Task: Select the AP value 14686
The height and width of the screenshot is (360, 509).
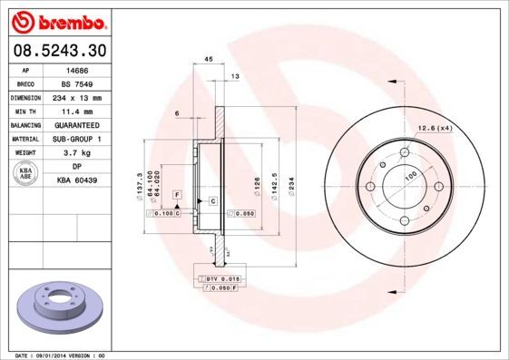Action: tap(77, 69)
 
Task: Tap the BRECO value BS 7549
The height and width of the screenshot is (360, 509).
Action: tap(77, 83)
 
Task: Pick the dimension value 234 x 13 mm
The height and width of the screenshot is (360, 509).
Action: tap(77, 97)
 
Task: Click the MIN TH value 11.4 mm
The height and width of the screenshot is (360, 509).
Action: tap(77, 111)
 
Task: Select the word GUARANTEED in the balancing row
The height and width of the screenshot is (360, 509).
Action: tap(77, 124)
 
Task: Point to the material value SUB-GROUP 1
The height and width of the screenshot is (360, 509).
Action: tap(77, 139)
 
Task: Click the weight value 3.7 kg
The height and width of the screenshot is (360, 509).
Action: tap(77, 153)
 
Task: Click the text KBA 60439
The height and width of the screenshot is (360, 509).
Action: tap(77, 180)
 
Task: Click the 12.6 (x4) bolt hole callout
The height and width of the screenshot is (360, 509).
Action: tap(435, 128)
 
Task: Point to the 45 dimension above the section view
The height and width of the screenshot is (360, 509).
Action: tap(209, 58)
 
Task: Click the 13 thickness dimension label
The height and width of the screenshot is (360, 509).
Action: tap(235, 77)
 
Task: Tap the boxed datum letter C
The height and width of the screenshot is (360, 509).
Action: tap(212, 199)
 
